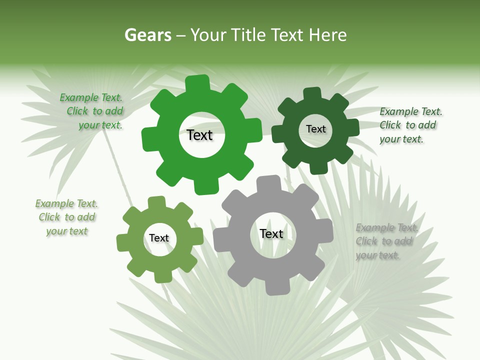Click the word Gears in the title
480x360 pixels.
coord(147,35)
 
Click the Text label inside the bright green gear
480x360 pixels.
coord(199,135)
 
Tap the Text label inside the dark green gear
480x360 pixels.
coord(315,129)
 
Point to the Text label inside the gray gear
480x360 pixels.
coord(271,233)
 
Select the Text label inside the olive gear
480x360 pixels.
coord(159,238)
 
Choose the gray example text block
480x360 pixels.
coord(385,241)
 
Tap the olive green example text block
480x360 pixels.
coord(66,217)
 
